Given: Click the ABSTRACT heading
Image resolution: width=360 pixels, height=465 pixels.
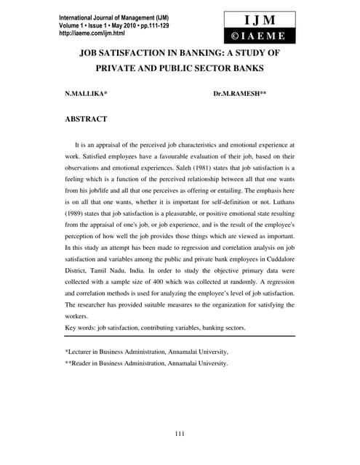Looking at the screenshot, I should pyautogui.click(x=86, y=119).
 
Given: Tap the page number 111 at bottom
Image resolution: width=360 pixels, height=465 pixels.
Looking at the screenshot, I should pyautogui.click(x=180, y=434).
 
